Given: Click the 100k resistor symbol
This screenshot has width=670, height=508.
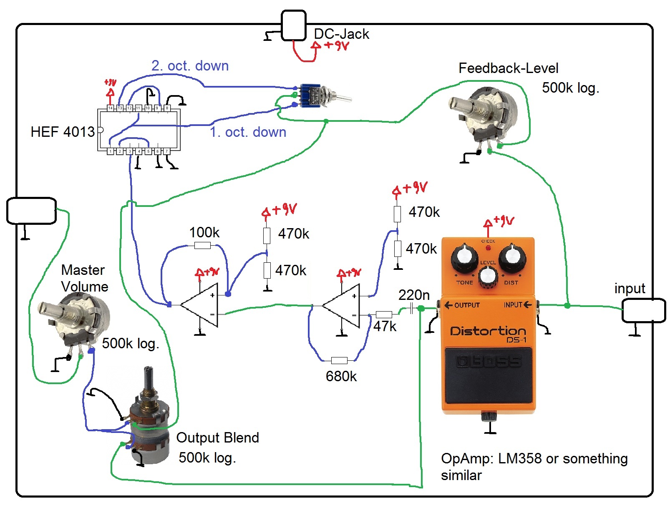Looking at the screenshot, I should click(x=202, y=246).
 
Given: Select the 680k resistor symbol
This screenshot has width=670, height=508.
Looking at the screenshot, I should click(x=339, y=360).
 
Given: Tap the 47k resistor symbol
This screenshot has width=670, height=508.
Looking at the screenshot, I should click(x=383, y=314).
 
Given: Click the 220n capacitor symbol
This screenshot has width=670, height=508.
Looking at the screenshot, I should click(x=412, y=309).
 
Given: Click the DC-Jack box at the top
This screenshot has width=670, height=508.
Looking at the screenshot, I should click(x=294, y=26).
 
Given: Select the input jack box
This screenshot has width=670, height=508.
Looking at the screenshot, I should click(x=643, y=310).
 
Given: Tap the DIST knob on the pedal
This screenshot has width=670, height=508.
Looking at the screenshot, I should click(x=512, y=258).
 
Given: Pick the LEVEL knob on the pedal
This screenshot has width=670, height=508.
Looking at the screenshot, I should click(x=488, y=276).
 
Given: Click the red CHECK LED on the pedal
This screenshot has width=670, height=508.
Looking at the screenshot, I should click(x=488, y=248).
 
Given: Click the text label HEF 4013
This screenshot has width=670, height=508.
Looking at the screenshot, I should click(x=63, y=132).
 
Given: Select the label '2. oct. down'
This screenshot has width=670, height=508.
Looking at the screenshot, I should click(x=190, y=66).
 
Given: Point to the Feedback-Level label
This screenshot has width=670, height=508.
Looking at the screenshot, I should click(x=508, y=68).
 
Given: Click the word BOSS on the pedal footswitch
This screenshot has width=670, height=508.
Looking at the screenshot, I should click(x=488, y=362).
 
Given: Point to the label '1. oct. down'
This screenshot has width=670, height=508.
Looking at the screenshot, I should click(x=248, y=132).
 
